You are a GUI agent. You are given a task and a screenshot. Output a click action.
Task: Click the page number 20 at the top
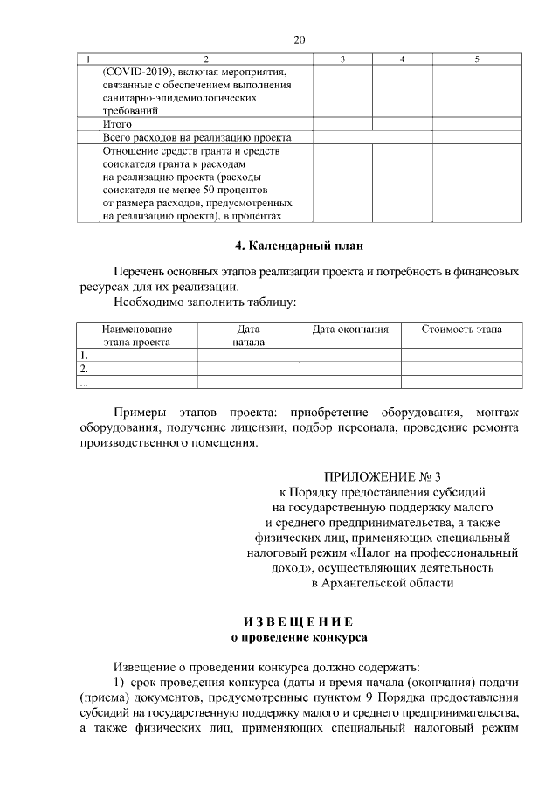pyautogui.click(x=300, y=39)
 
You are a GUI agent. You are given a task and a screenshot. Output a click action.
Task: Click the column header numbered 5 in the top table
pyautogui.click(x=476, y=59)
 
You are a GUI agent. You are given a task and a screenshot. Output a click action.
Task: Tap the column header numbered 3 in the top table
pyautogui.click(x=342, y=59)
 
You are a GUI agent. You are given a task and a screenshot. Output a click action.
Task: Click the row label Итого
pyautogui.click(x=117, y=124)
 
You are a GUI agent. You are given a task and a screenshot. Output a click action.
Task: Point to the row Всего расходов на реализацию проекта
pyautogui.click(x=197, y=137)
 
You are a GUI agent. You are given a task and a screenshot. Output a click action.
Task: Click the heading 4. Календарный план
pyautogui.click(x=299, y=245)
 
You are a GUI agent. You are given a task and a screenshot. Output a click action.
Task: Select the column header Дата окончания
pyautogui.click(x=350, y=330)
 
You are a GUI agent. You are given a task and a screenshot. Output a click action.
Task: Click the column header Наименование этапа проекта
pyautogui.click(x=136, y=336)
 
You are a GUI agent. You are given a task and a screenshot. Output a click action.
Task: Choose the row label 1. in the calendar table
pyautogui.click(x=84, y=356)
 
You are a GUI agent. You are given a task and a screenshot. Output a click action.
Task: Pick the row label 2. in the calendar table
pyautogui.click(x=84, y=369)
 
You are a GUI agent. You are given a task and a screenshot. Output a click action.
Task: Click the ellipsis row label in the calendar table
pyautogui.click(x=84, y=382)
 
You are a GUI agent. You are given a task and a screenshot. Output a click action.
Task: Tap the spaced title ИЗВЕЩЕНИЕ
pyautogui.click(x=298, y=621)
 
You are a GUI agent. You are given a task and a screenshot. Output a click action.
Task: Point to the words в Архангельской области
pyautogui.click(x=383, y=582)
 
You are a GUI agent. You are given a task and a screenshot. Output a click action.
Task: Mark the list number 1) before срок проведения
pyautogui.click(x=121, y=682)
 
